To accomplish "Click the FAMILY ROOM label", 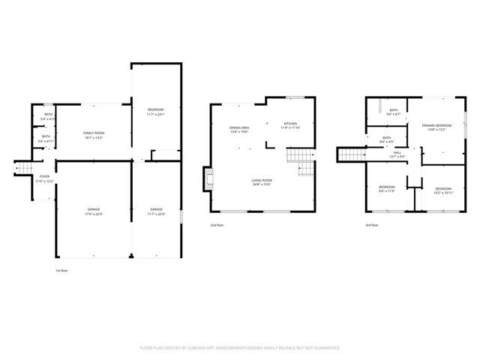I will click(x=94, y=132).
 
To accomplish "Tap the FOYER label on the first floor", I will click(x=44, y=176).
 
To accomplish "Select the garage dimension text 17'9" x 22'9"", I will click(x=94, y=212).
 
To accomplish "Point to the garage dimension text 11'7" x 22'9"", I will click(x=156, y=212).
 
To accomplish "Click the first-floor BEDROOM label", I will click(x=156, y=109).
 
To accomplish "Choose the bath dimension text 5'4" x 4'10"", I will click(x=48, y=118).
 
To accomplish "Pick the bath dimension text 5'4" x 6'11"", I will click(x=46, y=141).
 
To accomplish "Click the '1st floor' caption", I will click(x=62, y=270).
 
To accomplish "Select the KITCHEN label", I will click(x=289, y=124).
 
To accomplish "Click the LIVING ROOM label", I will click(x=262, y=180).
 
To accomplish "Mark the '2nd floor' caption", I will click(x=217, y=225).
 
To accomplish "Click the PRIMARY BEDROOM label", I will click(x=436, y=125).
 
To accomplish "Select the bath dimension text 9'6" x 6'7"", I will click(x=393, y=114).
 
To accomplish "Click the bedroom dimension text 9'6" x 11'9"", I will click(x=386, y=190).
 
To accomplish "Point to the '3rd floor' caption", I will click(x=372, y=225).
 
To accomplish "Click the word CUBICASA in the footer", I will click(x=200, y=348).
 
